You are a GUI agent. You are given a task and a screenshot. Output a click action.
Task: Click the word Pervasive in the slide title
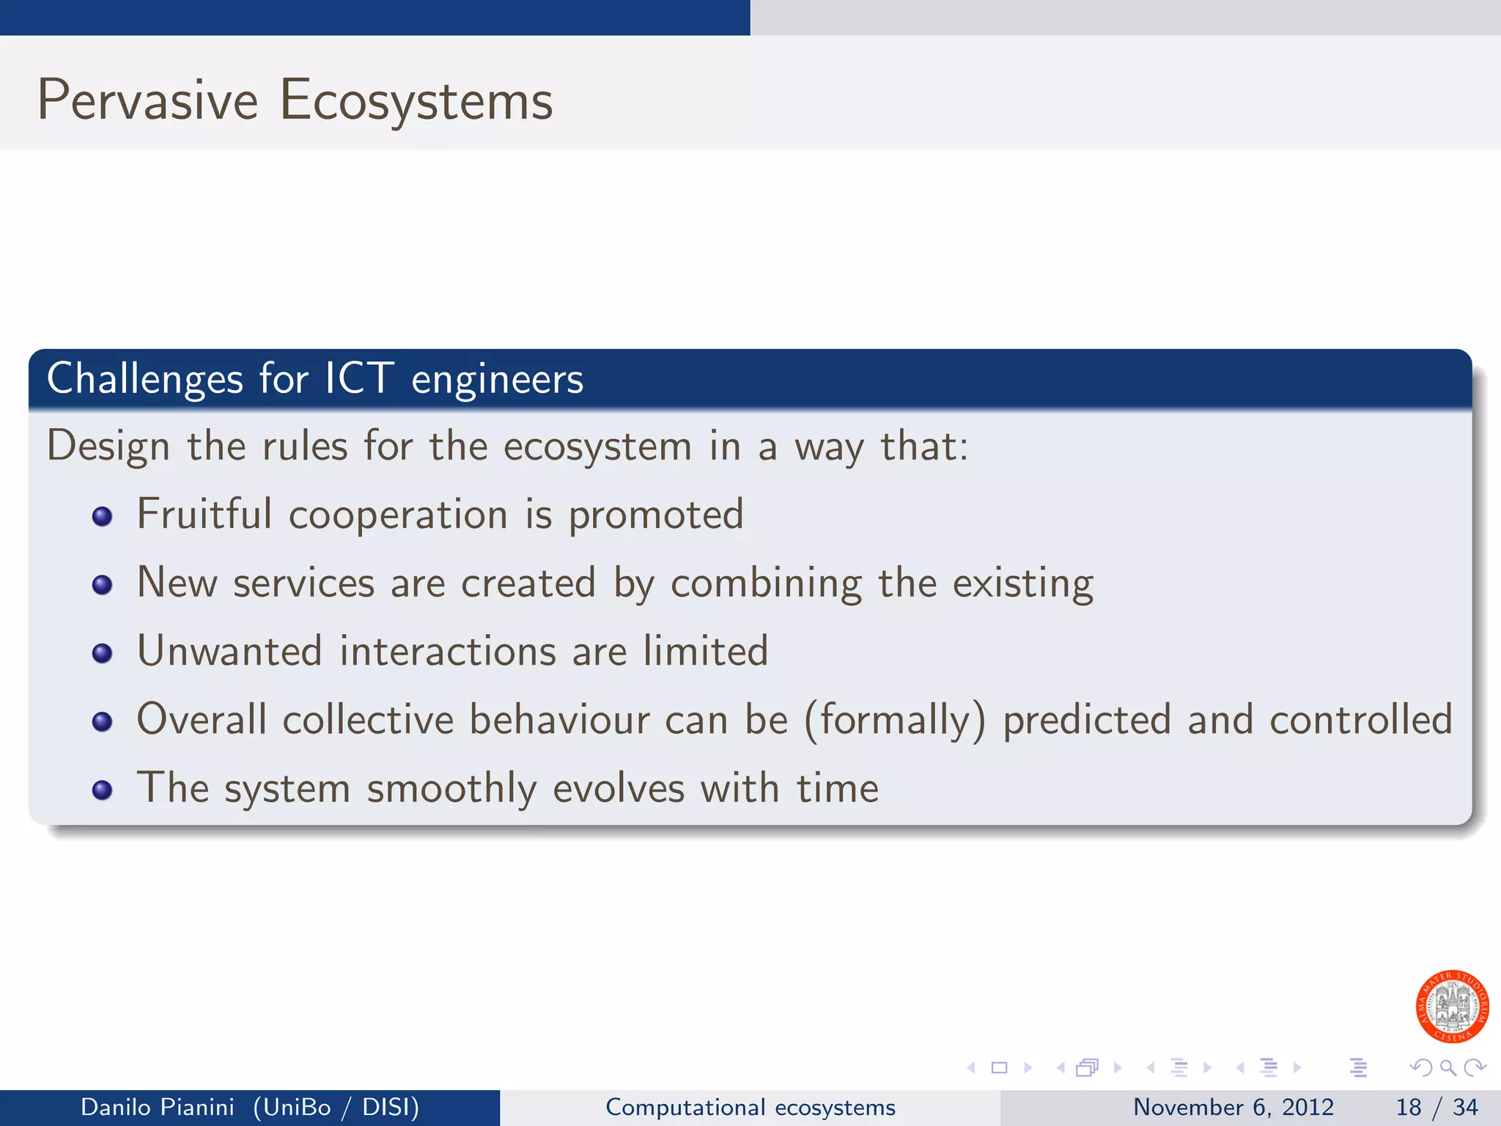[x=147, y=100]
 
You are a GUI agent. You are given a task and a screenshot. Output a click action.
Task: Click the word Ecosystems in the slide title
[x=416, y=100]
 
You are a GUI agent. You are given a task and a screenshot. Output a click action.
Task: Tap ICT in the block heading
[x=358, y=379]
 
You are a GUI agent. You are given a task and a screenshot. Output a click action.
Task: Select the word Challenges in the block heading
[x=144, y=379]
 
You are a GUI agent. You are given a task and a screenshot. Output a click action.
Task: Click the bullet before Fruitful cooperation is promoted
[x=102, y=517]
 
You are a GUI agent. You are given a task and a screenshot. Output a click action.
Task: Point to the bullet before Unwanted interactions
[x=102, y=653]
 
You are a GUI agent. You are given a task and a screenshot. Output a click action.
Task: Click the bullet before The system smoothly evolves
[x=102, y=790]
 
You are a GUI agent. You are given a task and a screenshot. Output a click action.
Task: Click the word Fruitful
[x=204, y=514]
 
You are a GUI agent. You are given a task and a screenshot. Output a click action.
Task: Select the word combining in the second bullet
[x=766, y=584]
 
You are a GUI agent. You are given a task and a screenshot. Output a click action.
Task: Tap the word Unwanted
[x=229, y=651]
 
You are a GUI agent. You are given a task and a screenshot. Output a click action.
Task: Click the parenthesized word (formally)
[x=895, y=720]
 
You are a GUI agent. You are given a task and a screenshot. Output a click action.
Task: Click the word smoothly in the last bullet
[x=451, y=790]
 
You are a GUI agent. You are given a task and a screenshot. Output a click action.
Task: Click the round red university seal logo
[x=1452, y=1007]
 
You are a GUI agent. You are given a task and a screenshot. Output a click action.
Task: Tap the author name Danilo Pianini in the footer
[x=157, y=1107]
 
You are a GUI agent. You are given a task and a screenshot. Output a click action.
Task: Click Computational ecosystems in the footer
[x=750, y=1107]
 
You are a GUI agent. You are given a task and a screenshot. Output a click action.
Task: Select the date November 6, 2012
[x=1233, y=1107]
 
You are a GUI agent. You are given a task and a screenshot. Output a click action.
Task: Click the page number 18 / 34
[x=1437, y=1107]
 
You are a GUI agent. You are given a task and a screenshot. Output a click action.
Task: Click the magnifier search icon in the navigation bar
[x=1447, y=1067]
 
